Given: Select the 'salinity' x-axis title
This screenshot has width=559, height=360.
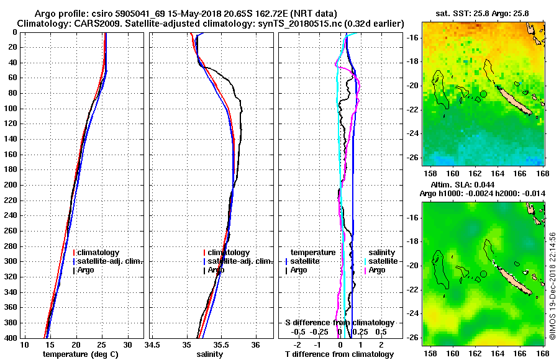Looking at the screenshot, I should [210, 354].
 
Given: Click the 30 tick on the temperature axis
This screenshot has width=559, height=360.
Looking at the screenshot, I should [127, 344].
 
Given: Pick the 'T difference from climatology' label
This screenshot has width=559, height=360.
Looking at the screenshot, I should [339, 354].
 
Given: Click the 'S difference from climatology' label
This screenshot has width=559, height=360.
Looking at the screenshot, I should [339, 323].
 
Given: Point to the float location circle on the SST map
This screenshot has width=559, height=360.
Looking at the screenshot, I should [483, 94].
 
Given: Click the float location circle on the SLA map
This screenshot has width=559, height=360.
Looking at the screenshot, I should [483, 273].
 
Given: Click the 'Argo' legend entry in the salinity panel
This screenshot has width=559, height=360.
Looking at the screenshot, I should [216, 270].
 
